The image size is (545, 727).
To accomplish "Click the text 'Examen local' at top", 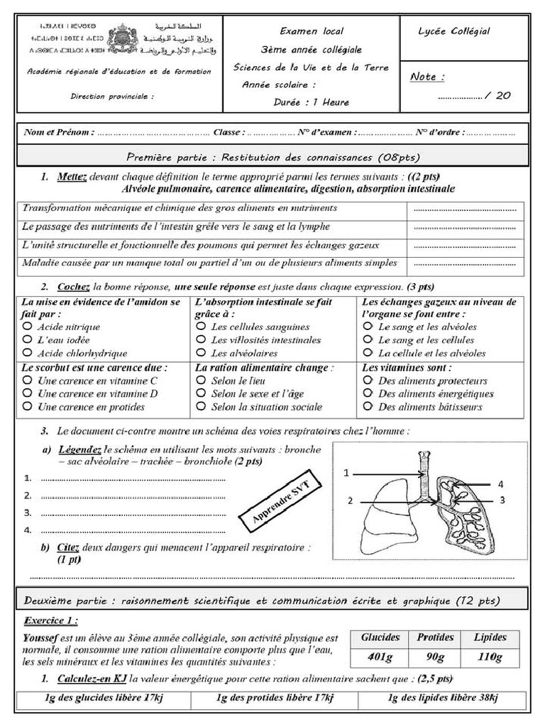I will tap(312, 31).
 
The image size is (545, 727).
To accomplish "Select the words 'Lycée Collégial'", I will tap(454, 31).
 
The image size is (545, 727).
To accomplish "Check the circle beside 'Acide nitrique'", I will tap(27, 327).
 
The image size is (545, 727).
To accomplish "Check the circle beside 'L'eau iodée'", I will tap(27, 340).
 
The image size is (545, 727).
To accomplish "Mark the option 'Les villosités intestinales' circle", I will tap(202, 340).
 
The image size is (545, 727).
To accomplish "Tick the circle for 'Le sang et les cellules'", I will tap(368, 340).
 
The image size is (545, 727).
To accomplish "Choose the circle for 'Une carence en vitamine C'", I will tap(27, 381).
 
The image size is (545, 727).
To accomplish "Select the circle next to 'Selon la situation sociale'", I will tap(202, 407).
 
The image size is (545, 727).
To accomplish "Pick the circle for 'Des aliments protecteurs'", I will tap(368, 381).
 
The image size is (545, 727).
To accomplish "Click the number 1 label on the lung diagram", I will tap(348, 473).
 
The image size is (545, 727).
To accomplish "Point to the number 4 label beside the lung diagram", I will tap(500, 483).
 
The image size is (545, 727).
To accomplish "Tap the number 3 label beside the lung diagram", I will tap(500, 500).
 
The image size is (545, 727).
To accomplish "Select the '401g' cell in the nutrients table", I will tap(380, 657).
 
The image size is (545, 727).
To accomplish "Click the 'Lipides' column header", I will tap(490, 637).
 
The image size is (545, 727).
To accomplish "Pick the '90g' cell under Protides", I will tap(435, 657).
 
